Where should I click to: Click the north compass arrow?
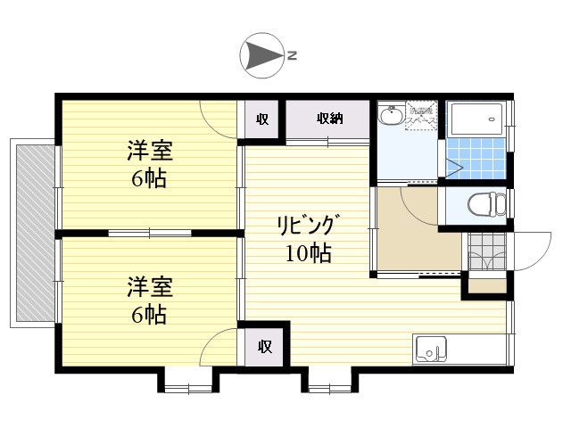click(x=262, y=55)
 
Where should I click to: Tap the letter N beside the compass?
click(x=292, y=56)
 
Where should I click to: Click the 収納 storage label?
click(x=329, y=119)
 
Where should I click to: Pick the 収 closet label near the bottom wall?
click(x=265, y=346)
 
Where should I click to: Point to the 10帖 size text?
click(x=308, y=253)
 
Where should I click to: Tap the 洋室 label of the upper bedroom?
click(x=149, y=150)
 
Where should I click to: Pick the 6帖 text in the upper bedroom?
click(x=149, y=177)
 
